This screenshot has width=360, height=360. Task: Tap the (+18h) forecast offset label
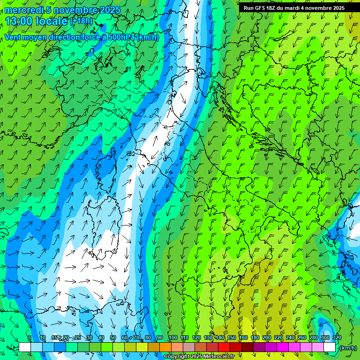[81, 21]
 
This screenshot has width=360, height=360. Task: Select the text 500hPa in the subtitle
[116, 37]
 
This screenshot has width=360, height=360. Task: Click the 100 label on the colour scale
[173, 337]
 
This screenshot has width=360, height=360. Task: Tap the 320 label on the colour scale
[337, 337]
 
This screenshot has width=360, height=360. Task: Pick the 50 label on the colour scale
[113, 337]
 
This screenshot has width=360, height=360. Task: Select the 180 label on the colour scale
[255, 337]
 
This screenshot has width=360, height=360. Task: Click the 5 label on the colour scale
[30, 337]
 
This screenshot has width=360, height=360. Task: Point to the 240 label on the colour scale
[290, 337]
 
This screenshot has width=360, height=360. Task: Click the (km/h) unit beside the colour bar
[347, 347]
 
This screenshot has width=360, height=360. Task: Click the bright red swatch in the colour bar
[224, 347]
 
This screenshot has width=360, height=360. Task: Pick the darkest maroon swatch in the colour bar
[247, 347]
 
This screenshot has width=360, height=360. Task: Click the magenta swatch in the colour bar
[283, 347]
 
